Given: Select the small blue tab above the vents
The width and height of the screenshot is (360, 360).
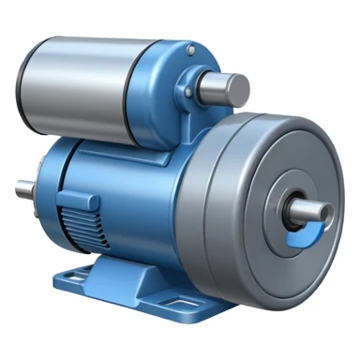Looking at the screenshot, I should click(x=73, y=198).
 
